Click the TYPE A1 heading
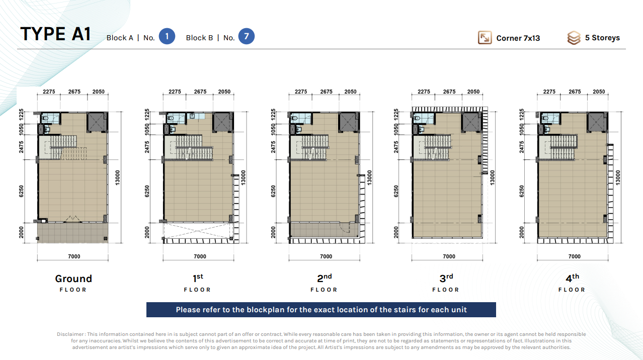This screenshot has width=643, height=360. coord(55,34)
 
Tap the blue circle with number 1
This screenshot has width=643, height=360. coord(167,36)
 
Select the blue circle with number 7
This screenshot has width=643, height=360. coord(247,36)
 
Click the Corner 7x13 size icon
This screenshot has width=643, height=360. coord(485,38)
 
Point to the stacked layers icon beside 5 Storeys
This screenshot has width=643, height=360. coord(574,38)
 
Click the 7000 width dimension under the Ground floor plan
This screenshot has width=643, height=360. coord(74,256)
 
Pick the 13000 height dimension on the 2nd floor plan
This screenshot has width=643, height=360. coord(369,177)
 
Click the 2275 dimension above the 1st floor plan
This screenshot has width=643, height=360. coord(175,92)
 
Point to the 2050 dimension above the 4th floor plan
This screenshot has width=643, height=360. coord(599,92)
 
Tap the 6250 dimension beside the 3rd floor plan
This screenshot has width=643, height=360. coord(396,191)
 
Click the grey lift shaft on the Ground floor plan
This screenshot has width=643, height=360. coord(97,122)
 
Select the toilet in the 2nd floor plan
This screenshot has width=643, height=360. coord(294,118)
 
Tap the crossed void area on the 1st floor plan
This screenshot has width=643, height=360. coord(198,231)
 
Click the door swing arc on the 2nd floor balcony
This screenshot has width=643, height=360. coord(345,227)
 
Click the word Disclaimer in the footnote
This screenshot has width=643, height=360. coord(70,334)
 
